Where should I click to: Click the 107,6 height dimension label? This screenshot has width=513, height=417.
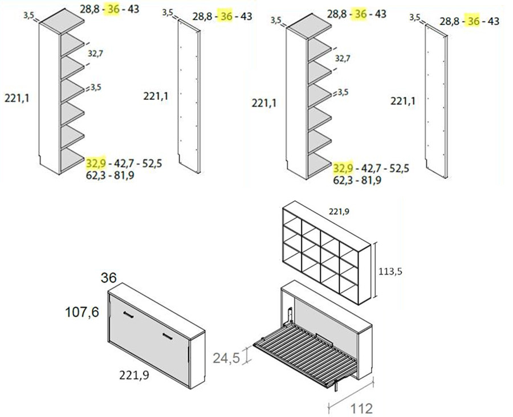coord(82,312)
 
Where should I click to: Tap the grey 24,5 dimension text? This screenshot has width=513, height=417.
coord(226,358)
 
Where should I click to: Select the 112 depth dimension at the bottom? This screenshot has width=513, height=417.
coord(361,409)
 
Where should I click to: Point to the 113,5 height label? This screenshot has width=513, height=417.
coord(390,271)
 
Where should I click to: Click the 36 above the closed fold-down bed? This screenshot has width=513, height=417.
coord(109,277)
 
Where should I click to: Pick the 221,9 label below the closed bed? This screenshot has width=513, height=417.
coord(134,375)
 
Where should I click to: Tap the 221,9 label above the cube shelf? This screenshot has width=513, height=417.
coord(339,211)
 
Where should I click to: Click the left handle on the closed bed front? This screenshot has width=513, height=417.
coord(129,314)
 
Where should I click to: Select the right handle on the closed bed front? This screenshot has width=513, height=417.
coord(168,336)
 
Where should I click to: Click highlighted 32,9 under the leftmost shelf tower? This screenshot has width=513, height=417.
coord(96,163)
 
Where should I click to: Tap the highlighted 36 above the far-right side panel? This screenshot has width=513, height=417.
coord(474,21)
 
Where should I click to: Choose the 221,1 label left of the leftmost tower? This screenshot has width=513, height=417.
coord(17,98)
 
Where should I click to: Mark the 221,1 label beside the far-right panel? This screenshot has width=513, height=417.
coord(403,101)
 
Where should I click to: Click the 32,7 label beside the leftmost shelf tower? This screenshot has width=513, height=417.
coord(95,53)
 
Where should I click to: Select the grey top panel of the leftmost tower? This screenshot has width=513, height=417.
coord(62,21)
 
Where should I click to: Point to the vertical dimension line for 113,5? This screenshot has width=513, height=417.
coord(376,269)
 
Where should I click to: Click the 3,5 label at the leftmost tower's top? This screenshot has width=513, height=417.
coord(28,15)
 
